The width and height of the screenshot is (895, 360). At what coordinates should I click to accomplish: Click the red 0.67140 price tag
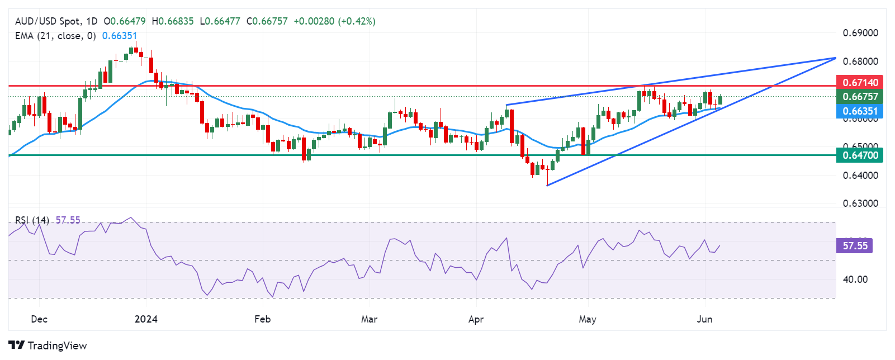coord(859,82)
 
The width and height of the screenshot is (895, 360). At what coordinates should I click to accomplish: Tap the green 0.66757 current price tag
coord(859,96)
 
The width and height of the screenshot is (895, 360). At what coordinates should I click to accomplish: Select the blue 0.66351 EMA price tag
coord(859,111)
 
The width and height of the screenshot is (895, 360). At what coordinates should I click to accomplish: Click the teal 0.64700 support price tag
coord(859,155)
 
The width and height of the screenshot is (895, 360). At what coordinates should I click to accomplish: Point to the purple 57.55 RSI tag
coord(855,245)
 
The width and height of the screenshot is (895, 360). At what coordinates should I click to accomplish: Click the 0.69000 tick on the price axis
coord(860,33)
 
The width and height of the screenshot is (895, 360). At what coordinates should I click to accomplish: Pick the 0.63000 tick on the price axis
coord(860,203)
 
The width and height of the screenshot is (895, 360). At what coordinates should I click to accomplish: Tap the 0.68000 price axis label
coord(860,61)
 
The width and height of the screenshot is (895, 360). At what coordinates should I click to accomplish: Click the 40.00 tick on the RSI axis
coord(855,280)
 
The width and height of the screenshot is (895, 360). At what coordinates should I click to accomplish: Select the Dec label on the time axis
coord(39,319)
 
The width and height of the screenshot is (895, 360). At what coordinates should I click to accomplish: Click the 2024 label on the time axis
coord(146,319)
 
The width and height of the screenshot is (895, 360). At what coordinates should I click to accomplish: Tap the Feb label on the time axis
coord(262,319)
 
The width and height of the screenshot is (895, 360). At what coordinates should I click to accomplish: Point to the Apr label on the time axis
coord(476,319)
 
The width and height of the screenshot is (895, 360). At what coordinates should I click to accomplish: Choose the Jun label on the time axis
coord(704,319)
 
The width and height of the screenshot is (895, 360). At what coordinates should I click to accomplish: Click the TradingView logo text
coord(57,345)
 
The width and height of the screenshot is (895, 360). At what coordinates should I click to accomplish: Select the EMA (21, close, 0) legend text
coord(55,36)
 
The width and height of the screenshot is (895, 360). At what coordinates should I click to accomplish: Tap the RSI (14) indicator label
coord(32,220)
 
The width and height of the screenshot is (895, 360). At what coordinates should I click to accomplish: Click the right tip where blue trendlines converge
coord(835,58)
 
